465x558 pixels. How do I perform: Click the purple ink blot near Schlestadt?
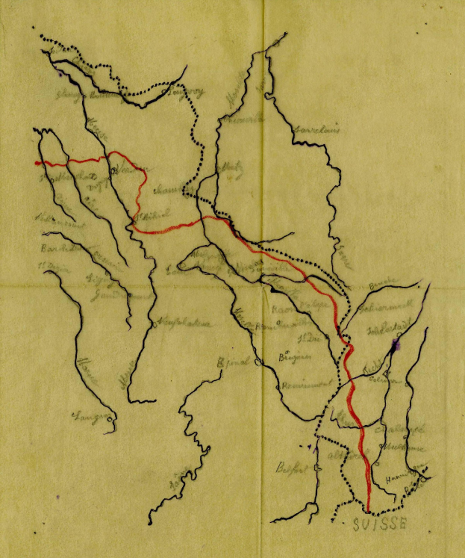pyautogui.click(x=394, y=344)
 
